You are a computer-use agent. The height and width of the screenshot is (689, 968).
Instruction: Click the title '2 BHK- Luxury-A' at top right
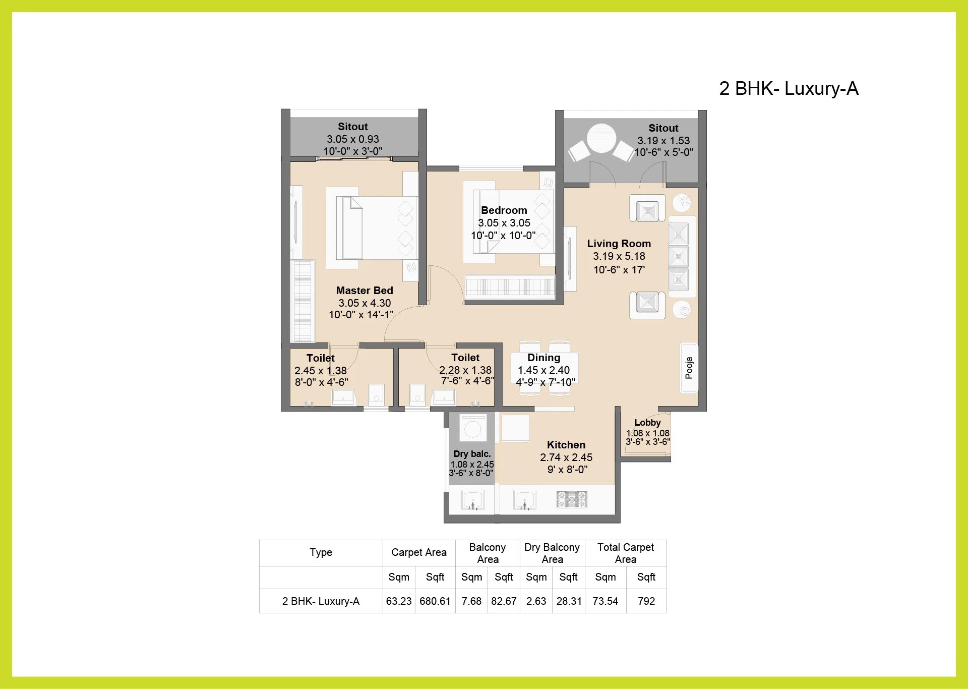pos(789,88)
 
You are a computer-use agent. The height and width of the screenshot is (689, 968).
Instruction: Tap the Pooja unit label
pos(689,368)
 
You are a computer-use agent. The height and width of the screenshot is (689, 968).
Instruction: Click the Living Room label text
pos(619,244)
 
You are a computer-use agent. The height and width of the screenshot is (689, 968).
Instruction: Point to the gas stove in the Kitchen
pos(572,499)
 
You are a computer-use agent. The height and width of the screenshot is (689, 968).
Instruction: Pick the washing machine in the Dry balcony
pos(473,429)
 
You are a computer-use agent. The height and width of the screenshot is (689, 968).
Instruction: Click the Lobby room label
pos(647,423)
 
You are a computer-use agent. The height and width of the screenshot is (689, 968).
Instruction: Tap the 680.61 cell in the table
pos(435,601)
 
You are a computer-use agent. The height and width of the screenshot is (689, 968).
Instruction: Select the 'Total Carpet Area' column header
pos(625,553)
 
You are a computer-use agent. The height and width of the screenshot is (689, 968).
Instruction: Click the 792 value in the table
pos(646,601)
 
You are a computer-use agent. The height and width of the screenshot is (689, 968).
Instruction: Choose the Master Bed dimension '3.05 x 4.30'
pos(365,303)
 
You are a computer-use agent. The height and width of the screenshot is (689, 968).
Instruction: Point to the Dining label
pos(543,358)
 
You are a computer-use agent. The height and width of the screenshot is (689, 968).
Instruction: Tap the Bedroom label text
pos(504,210)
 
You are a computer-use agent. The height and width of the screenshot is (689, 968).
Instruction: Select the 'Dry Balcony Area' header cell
pos(552,553)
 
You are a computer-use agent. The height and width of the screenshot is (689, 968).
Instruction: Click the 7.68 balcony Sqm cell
pos(471,601)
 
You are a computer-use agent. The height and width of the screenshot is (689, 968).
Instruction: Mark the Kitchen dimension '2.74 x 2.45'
pos(566,457)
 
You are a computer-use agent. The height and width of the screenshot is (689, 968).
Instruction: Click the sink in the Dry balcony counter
pos(473,501)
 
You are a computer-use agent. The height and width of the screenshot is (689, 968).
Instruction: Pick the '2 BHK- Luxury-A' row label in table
pos(321,601)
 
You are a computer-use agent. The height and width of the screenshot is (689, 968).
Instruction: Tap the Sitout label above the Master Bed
pos(352,127)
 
